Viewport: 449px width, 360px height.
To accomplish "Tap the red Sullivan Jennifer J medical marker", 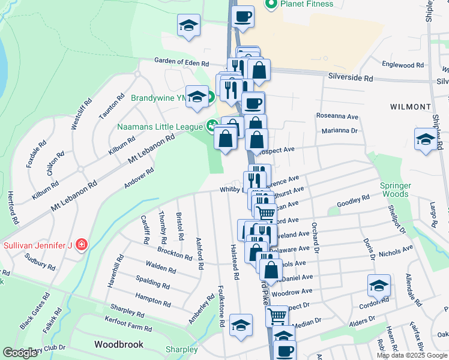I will tap(82, 245).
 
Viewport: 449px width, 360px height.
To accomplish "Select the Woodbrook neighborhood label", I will tap(119, 344).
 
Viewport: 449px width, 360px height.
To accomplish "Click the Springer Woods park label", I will tap(395, 190).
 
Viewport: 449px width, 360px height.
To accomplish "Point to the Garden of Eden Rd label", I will tap(181, 62).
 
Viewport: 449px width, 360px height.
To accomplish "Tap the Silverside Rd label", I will tap(351, 78).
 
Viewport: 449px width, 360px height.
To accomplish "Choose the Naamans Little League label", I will tap(161, 126).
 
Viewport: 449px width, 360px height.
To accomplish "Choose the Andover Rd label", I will tap(139, 178).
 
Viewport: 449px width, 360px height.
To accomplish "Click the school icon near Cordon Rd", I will tap(379, 286).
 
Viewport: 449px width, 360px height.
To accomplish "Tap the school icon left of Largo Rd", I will tap(426, 139).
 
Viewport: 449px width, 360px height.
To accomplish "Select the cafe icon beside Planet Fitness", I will tap(243, 17).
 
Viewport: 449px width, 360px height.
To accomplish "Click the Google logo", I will tap(20, 353).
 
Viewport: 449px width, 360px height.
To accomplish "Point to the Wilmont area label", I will tap(410, 106).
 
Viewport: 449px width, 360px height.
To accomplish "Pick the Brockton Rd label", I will tap(175, 253).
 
